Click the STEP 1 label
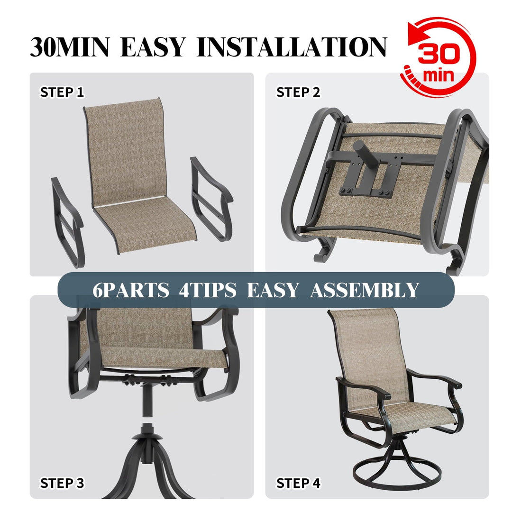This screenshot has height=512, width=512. [62, 92]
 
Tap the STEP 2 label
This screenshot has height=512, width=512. [298, 92]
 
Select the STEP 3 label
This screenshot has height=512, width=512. [62, 483]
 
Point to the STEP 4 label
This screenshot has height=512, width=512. [298, 483]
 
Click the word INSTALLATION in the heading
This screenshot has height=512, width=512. [292, 47]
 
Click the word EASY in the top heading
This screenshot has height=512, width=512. [153, 47]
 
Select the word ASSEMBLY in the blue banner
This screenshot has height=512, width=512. [365, 290]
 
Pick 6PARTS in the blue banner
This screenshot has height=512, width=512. [131, 290]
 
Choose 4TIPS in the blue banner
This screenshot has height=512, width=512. [207, 290]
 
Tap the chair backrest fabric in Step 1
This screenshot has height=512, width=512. [126, 150]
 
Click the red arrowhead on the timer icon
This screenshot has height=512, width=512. [414, 34]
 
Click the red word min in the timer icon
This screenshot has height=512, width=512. [438, 75]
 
